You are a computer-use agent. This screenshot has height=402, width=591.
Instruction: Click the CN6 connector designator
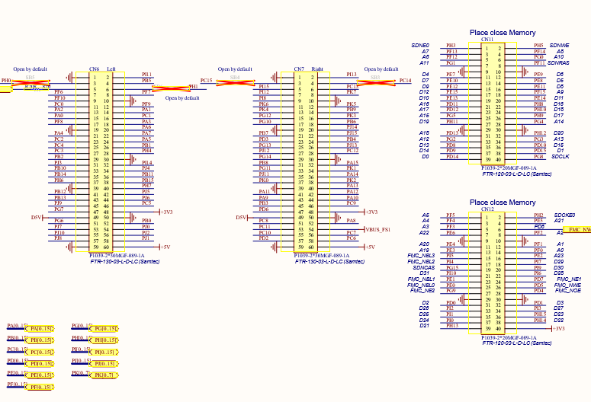tap(94, 69)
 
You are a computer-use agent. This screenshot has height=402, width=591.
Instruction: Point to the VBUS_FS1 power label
tap(378, 229)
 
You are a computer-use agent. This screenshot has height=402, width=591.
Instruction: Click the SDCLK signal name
tap(560, 156)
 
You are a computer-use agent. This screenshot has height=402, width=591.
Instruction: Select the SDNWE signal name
tap(560, 46)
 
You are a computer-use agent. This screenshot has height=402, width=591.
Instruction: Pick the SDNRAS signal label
tap(558, 63)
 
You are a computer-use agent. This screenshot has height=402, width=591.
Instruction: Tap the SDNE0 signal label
tap(420, 46)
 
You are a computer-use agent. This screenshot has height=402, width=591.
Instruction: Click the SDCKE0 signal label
tap(565, 215)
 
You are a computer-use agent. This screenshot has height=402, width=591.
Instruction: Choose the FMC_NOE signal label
tap(568, 290)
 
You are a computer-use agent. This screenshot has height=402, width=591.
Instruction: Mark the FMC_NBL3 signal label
tap(422, 255)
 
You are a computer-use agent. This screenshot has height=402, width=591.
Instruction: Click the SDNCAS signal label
tap(424, 267)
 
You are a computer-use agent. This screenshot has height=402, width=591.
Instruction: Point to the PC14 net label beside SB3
tap(405, 81)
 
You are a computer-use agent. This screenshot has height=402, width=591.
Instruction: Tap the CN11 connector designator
tap(498, 39)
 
